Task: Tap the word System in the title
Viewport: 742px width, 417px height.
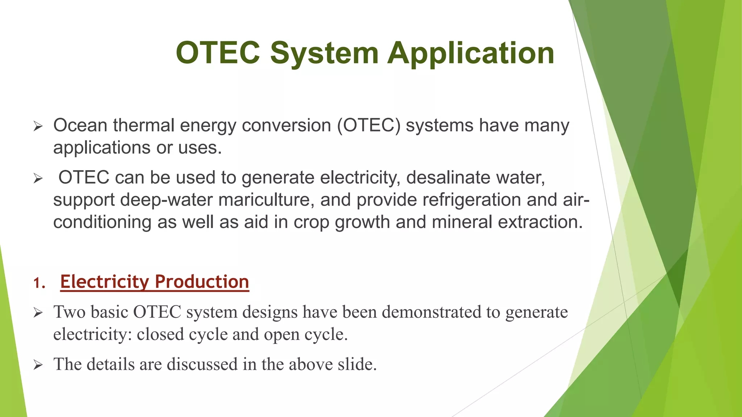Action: pyautogui.click(x=324, y=53)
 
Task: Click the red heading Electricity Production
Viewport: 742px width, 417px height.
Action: pyautogui.click(x=155, y=282)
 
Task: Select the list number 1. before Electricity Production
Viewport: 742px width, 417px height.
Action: pyautogui.click(x=39, y=283)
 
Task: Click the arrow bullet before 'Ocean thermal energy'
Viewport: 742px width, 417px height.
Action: pyautogui.click(x=38, y=126)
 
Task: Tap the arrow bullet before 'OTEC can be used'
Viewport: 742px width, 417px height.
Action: pyautogui.click(x=38, y=178)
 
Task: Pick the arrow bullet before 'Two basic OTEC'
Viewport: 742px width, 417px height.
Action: pyautogui.click(x=38, y=313)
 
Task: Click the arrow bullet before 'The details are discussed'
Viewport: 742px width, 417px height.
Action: pyautogui.click(x=38, y=365)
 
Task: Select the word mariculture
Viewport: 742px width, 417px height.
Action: pyautogui.click(x=266, y=200)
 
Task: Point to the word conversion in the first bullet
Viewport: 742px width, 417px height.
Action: pyautogui.click(x=286, y=126)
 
